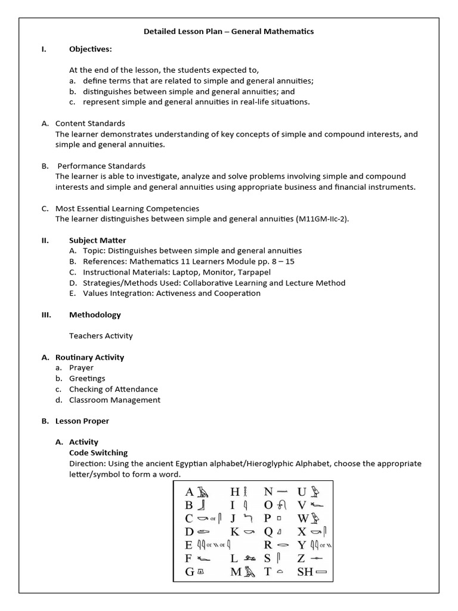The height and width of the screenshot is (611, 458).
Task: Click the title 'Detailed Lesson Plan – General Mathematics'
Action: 228,31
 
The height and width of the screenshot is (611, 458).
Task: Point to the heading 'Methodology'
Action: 95,314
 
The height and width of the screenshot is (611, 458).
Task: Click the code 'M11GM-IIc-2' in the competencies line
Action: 321,219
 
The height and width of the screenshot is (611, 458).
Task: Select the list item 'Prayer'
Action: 81,368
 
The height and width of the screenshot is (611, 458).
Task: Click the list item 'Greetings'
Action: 87,378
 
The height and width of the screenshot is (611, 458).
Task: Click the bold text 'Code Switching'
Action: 98,453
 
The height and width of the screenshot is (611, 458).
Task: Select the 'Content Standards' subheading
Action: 90,123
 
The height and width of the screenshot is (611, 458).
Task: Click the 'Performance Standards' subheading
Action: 101,166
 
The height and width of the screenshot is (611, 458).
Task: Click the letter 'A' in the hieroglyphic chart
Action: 190,492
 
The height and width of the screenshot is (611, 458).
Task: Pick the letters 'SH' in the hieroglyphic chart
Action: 304,571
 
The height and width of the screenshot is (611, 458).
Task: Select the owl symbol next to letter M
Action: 249,572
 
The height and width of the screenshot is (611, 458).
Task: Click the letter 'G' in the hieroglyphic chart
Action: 190,572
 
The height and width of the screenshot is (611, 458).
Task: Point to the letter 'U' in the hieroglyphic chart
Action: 302,492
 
